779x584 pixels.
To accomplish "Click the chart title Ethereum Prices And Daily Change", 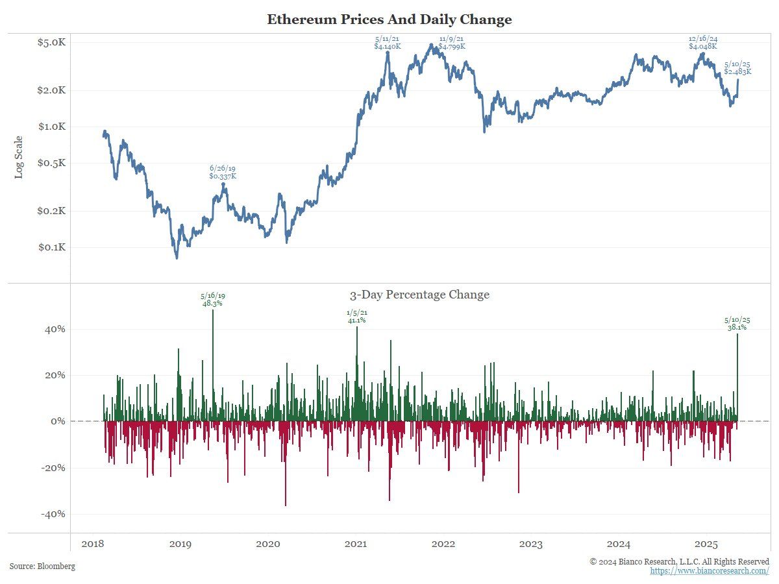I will tap(389, 19).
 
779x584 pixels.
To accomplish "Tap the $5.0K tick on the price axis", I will tap(53, 43).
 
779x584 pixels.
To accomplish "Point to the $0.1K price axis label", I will tap(53, 247).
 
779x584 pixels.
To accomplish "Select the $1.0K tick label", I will tap(53, 127).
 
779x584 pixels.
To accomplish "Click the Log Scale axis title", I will tap(19, 157).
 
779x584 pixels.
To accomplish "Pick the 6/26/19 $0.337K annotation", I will tap(223, 172).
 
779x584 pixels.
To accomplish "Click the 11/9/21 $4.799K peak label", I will tap(452, 43).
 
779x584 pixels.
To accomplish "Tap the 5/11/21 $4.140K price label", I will tap(388, 43).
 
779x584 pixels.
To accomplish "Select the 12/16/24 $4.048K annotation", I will tap(703, 43).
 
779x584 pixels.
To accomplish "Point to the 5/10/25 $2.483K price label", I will tap(738, 67).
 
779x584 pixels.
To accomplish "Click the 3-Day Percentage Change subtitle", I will tap(419, 295).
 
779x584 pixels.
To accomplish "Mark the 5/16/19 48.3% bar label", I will tap(213, 299).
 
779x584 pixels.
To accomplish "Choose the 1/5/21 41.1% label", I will tap(356, 316).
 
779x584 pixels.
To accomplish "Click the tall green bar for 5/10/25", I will tap(737, 376).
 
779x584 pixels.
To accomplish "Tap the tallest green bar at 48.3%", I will tap(213, 363).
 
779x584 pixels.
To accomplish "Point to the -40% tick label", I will tap(53, 514).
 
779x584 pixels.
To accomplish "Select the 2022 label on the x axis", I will tap(443, 544).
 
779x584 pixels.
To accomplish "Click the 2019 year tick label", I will tap(180, 544).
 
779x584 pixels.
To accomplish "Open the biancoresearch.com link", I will tap(710, 570).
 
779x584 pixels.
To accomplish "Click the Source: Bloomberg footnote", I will tap(42, 566).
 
